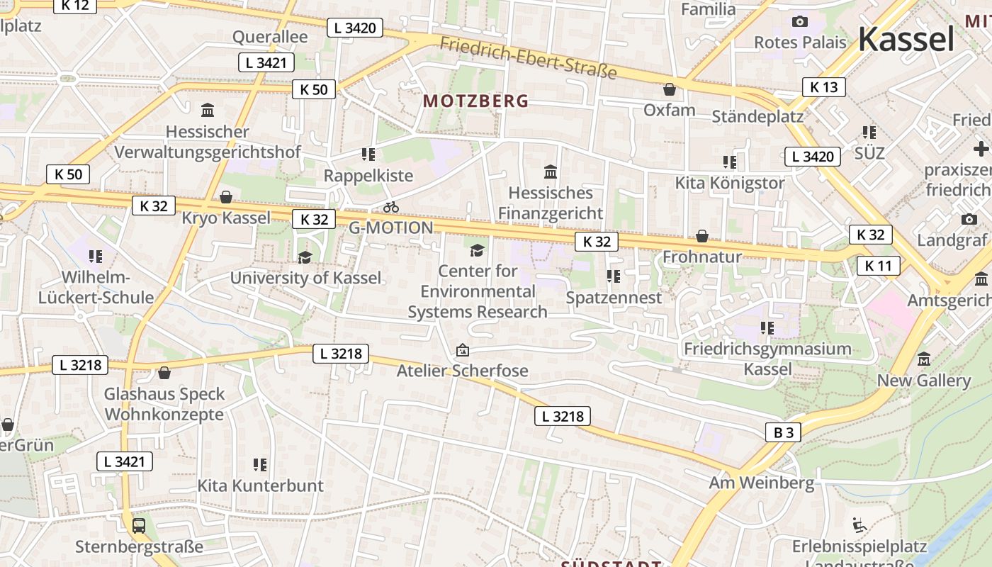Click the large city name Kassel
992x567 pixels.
[906, 39]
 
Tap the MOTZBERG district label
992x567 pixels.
[475, 101]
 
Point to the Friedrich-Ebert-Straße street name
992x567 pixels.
[528, 57]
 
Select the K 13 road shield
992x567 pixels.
[823, 87]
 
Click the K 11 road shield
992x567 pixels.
[878, 266]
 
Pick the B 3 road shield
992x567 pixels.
[783, 432]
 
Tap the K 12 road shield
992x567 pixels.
[74, 5]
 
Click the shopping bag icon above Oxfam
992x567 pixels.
[669, 89]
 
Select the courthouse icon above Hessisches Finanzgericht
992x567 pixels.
[550, 172]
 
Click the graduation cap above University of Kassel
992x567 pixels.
[305, 257]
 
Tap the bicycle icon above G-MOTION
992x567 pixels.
[390, 207]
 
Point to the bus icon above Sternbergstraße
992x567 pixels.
[139, 526]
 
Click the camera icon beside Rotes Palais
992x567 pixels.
[800, 22]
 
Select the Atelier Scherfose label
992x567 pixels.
[462, 371]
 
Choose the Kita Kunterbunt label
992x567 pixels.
[260, 485]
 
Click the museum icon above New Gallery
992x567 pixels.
[924, 359]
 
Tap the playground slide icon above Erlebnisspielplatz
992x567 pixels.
[859, 525]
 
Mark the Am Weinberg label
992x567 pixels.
[762, 483]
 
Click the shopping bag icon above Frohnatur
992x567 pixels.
[702, 235]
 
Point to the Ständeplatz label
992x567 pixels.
[757, 116]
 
